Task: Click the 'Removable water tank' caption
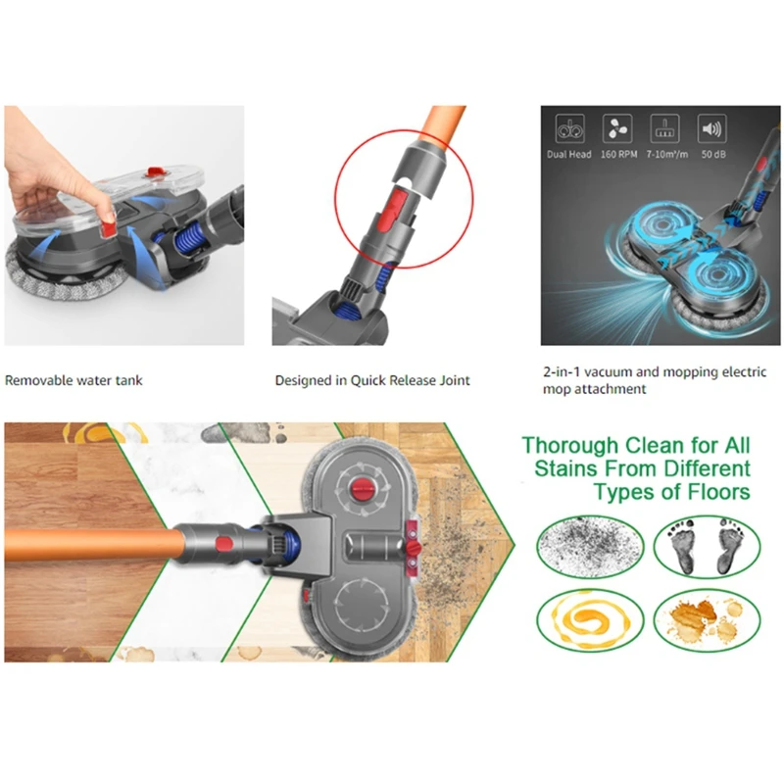[73, 380]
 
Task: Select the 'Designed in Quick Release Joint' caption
[372, 380]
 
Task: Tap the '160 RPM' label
[614, 154]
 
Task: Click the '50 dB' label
[711, 154]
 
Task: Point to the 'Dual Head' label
[569, 154]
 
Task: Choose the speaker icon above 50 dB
[711, 129]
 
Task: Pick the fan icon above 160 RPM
[615, 129]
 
